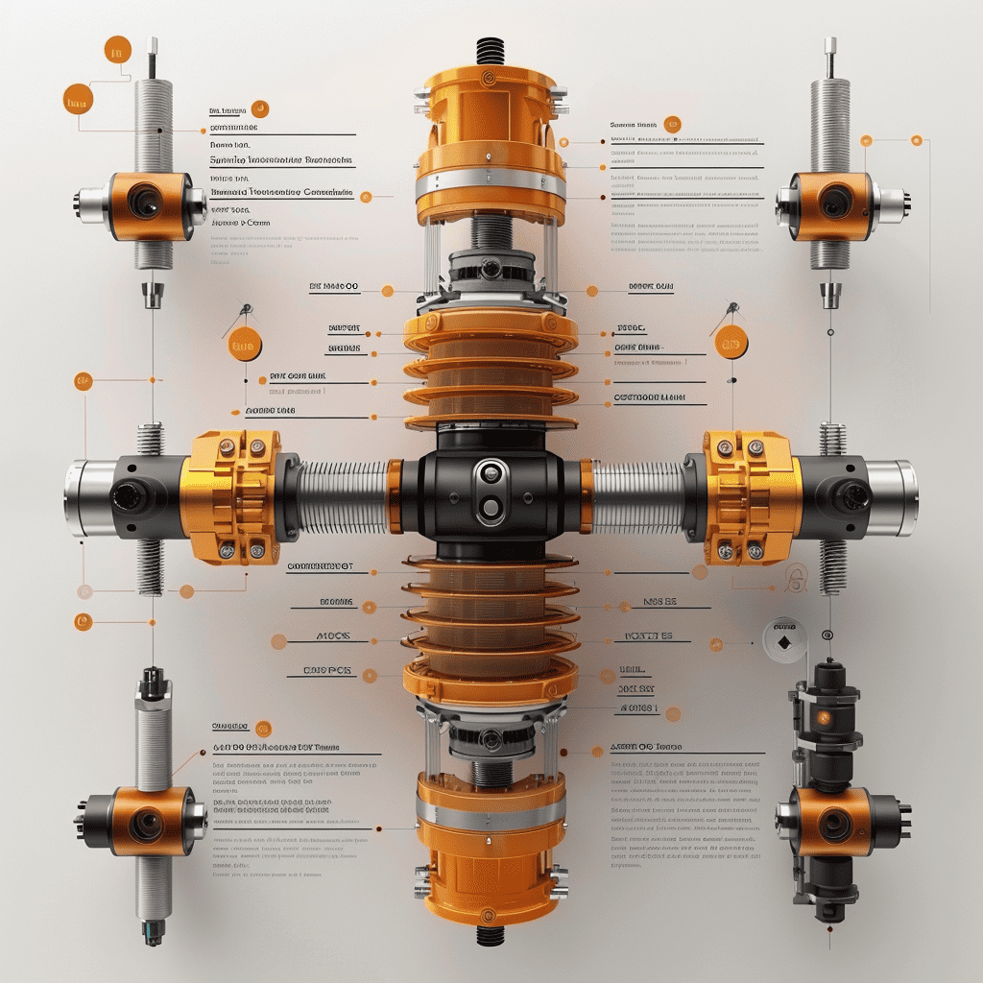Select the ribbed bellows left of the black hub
coord(344,497)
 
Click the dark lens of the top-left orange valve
coord(146,202)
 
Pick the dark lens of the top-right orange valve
coord(833,202)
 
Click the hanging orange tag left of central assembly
coord(245,344)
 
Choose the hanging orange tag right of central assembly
coord(731,341)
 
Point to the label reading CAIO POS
coord(326,670)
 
